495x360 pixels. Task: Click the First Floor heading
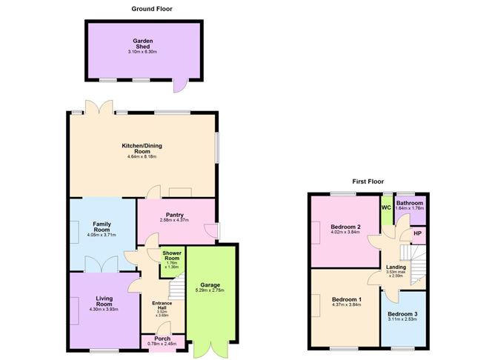[x=368, y=181]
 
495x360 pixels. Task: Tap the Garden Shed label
[x=143, y=43]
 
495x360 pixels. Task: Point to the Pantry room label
[x=174, y=216]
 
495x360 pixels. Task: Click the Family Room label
[x=102, y=226]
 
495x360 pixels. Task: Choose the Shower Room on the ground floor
[x=173, y=259]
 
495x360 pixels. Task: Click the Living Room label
[x=104, y=301]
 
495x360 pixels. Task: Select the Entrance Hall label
[x=162, y=305]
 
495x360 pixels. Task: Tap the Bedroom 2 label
[x=345, y=227]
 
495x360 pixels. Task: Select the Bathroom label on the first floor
[x=409, y=203]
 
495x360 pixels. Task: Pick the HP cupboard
[x=418, y=235]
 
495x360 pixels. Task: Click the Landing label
[x=395, y=268]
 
